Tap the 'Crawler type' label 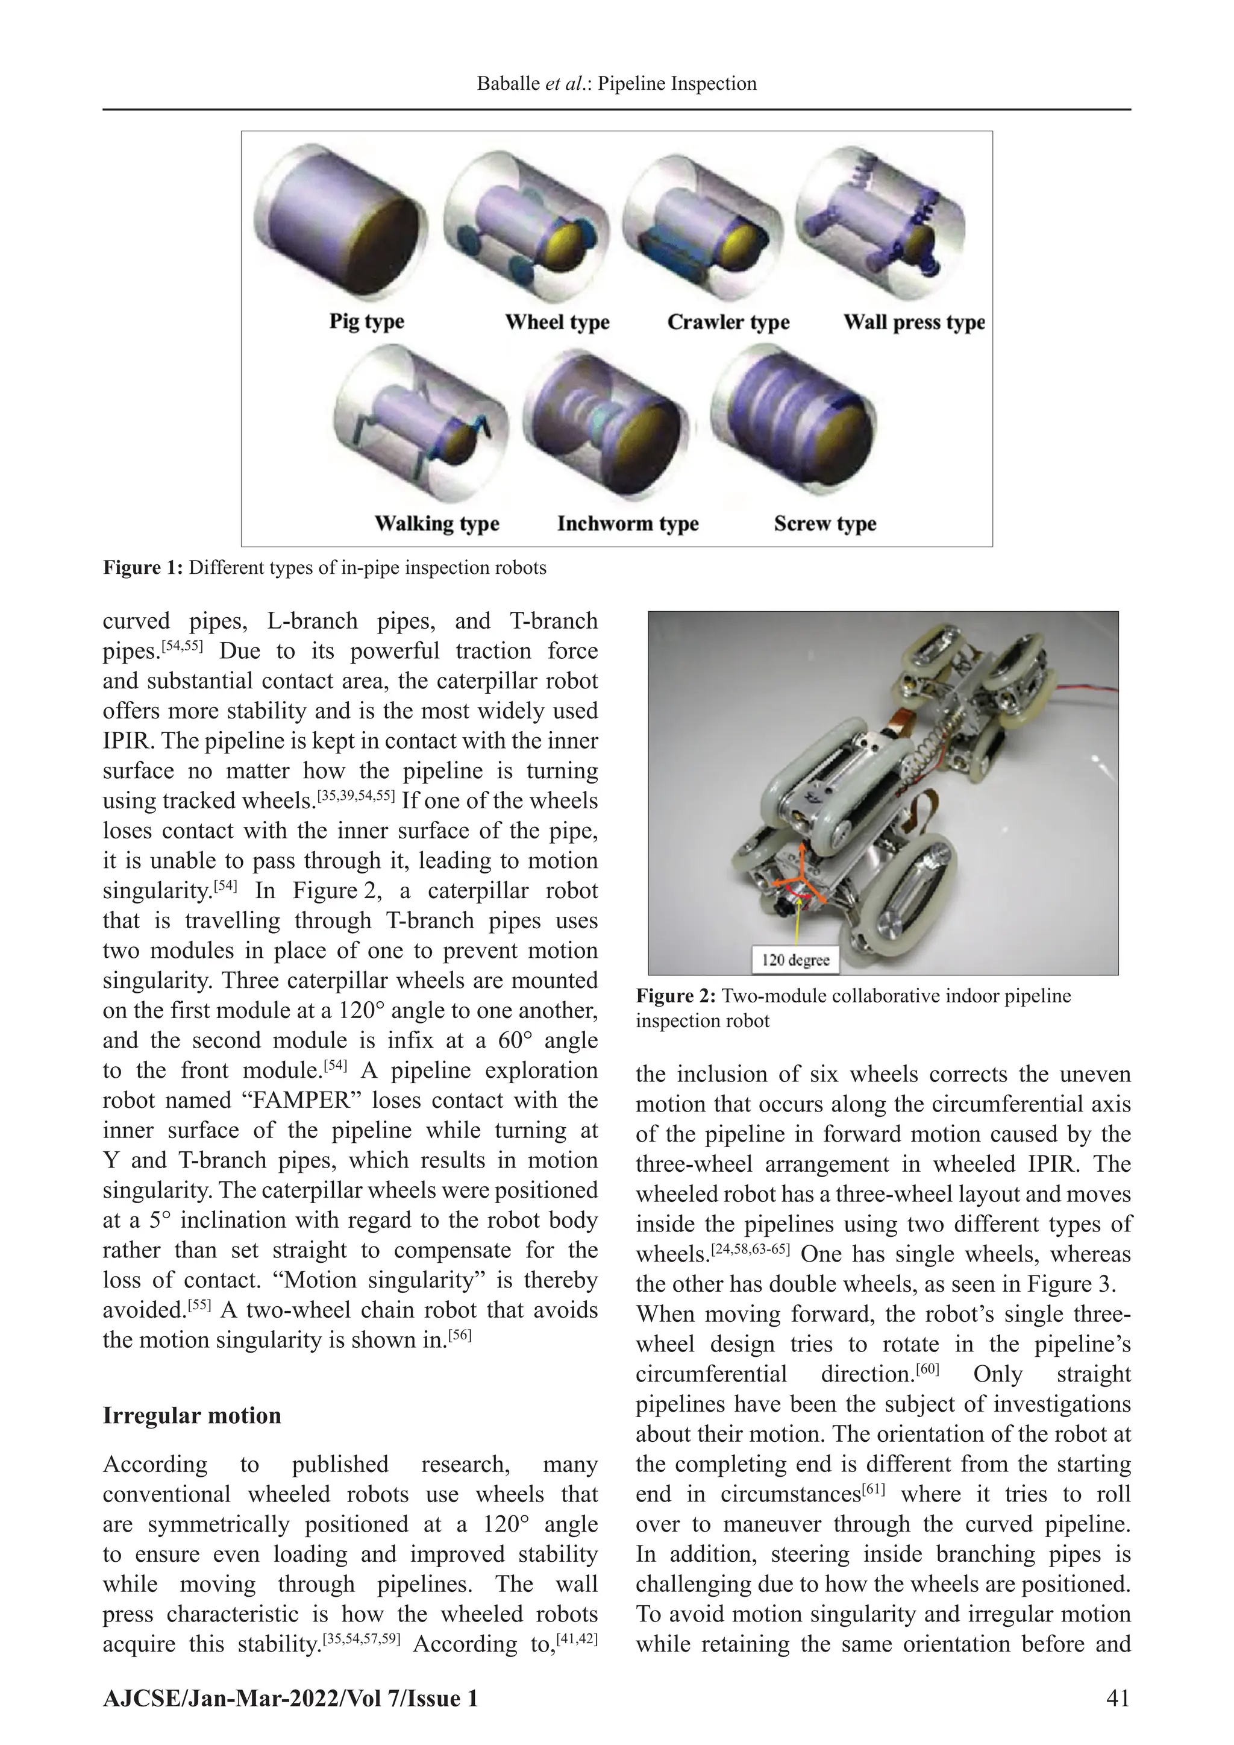(x=728, y=322)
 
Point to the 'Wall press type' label (x=913, y=322)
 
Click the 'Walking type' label (x=436, y=524)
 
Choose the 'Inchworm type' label (x=628, y=524)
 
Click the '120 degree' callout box (x=795, y=960)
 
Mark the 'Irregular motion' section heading (x=192, y=1415)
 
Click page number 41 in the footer (x=1118, y=1698)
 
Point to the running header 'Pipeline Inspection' (x=677, y=84)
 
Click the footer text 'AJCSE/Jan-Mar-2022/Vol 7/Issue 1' (x=290, y=1698)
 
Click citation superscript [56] (x=460, y=1335)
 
